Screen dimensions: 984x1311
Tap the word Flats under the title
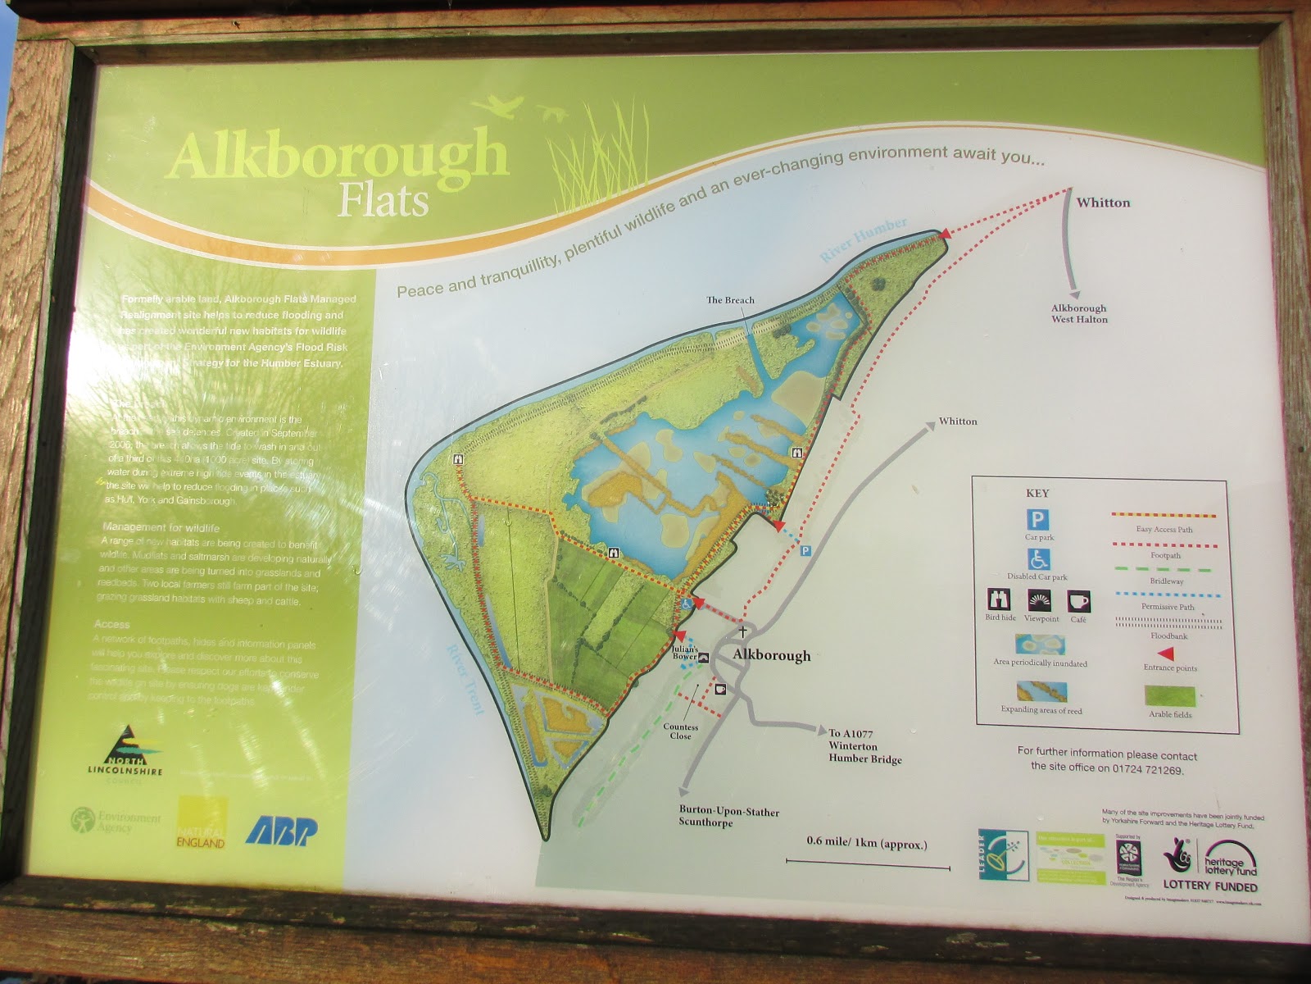383,202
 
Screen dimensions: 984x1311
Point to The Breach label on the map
730,300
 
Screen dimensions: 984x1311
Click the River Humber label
864,239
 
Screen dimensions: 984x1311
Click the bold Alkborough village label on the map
771,655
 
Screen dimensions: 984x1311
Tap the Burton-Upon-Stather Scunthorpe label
728,817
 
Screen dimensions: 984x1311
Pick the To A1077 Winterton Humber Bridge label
864,746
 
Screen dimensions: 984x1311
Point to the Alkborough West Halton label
1079,313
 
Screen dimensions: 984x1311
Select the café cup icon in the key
1078,601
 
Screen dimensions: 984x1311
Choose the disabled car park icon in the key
1039,559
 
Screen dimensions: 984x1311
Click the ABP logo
281,830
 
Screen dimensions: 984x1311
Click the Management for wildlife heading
161,528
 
